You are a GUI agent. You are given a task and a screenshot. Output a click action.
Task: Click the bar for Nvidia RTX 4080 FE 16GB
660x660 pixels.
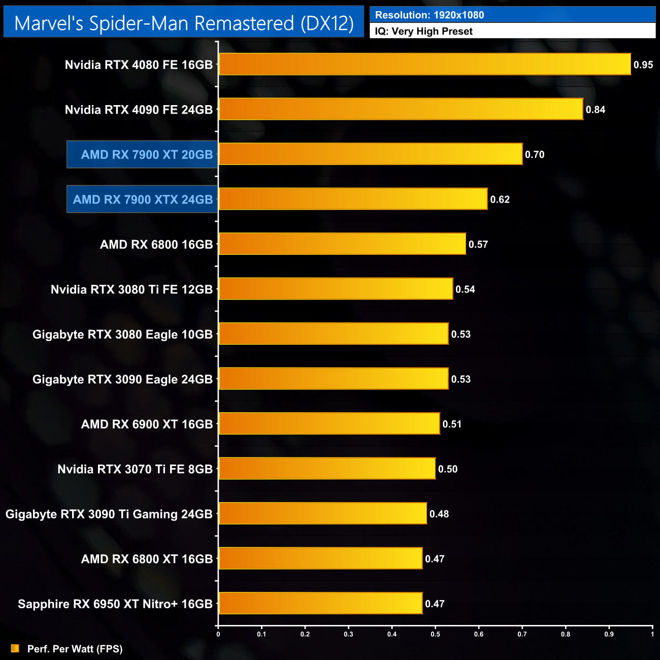tap(424, 64)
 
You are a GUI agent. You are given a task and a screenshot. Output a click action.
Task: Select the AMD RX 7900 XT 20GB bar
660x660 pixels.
tap(370, 154)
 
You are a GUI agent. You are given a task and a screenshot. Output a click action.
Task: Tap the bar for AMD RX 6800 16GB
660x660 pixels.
tap(342, 244)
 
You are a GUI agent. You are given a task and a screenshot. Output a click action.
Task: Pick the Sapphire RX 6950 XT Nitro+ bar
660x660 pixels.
tap(320, 604)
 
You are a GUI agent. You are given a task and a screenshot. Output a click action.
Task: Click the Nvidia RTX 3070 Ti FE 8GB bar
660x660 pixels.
tap(327, 469)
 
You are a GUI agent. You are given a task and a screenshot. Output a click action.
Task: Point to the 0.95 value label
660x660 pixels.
tap(643, 65)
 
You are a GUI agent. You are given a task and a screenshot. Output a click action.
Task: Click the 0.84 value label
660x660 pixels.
tap(596, 110)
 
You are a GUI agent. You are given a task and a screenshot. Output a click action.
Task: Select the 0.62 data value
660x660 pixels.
tap(500, 200)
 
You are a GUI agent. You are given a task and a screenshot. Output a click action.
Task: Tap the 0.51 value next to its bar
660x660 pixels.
tap(452, 424)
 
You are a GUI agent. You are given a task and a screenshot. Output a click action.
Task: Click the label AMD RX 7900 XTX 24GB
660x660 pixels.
tap(143, 200)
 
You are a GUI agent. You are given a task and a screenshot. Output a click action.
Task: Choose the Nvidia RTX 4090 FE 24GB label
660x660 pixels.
tap(139, 110)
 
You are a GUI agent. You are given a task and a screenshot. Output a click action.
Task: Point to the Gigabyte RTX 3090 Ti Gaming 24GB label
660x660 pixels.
tap(109, 514)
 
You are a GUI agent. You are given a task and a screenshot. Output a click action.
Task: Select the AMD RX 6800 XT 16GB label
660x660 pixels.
tap(147, 559)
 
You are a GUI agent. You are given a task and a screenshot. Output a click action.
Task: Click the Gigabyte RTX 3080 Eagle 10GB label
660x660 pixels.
tap(122, 335)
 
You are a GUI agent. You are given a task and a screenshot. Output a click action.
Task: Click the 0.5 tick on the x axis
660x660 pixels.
tap(436, 634)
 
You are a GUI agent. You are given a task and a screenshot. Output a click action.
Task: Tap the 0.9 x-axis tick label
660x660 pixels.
tap(609, 634)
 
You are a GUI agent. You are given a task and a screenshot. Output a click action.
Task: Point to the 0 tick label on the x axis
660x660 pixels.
tap(218, 634)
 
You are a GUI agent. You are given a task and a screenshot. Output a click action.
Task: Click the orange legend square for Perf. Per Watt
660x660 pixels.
tap(15, 648)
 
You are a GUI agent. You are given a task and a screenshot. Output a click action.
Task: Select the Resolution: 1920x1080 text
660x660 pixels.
tap(430, 15)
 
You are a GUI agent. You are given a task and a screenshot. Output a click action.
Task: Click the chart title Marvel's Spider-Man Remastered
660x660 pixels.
tap(184, 23)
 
